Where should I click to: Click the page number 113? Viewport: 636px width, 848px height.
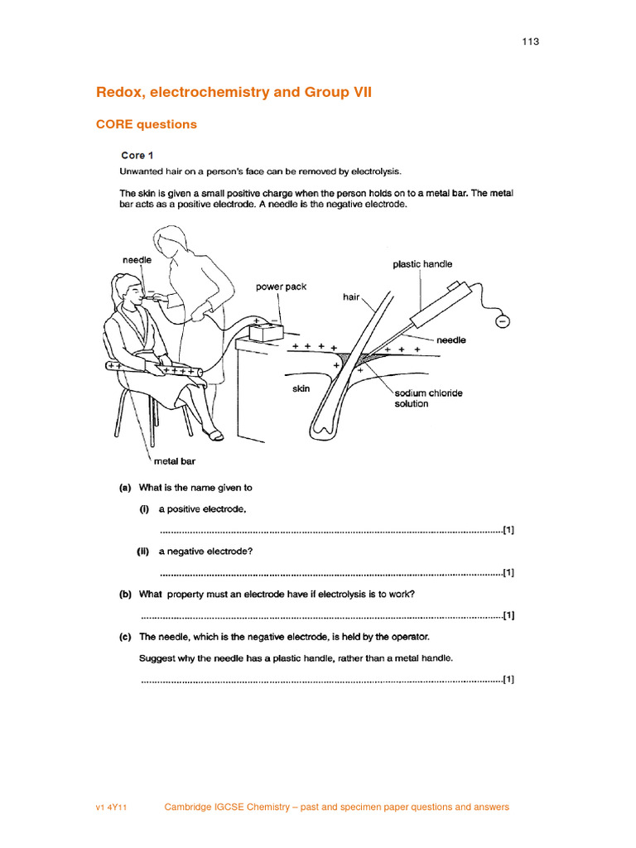pyautogui.click(x=531, y=41)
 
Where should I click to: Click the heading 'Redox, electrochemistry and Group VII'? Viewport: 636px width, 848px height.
pyautogui.click(x=234, y=92)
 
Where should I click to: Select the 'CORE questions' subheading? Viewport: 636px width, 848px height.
pyautogui.click(x=147, y=124)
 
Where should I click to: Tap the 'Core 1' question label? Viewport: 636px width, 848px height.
pyautogui.click(x=137, y=155)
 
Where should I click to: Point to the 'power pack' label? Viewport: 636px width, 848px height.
pyautogui.click(x=281, y=287)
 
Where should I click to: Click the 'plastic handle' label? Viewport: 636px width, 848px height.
pyautogui.click(x=422, y=264)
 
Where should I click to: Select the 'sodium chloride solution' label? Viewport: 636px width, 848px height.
pyautogui.click(x=428, y=398)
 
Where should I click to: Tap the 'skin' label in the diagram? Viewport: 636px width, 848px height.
pyautogui.click(x=301, y=388)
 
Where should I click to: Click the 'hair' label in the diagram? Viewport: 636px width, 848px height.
pyautogui.click(x=351, y=296)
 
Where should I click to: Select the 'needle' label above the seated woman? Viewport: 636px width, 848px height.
pyautogui.click(x=137, y=259)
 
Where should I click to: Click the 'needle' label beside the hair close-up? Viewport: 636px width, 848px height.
pyautogui.click(x=451, y=340)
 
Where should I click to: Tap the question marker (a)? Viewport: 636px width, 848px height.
pyautogui.click(x=126, y=488)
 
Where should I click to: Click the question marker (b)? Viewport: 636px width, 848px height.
pyautogui.click(x=126, y=594)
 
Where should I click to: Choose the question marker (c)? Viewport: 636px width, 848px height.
pyautogui.click(x=126, y=637)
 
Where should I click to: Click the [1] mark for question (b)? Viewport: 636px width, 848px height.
pyautogui.click(x=508, y=615)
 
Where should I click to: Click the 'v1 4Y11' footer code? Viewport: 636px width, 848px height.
pyautogui.click(x=112, y=807)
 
